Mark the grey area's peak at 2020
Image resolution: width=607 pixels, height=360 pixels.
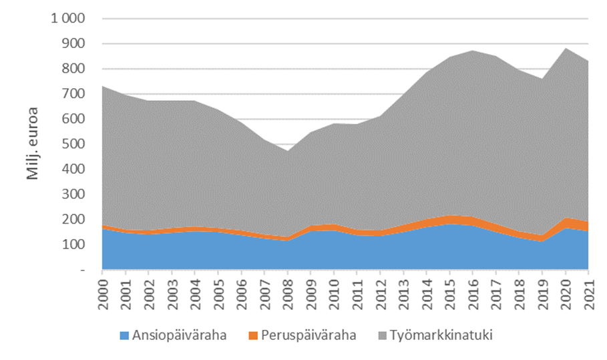(x=566, y=48)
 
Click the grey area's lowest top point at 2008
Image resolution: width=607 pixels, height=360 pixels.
(x=287, y=151)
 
